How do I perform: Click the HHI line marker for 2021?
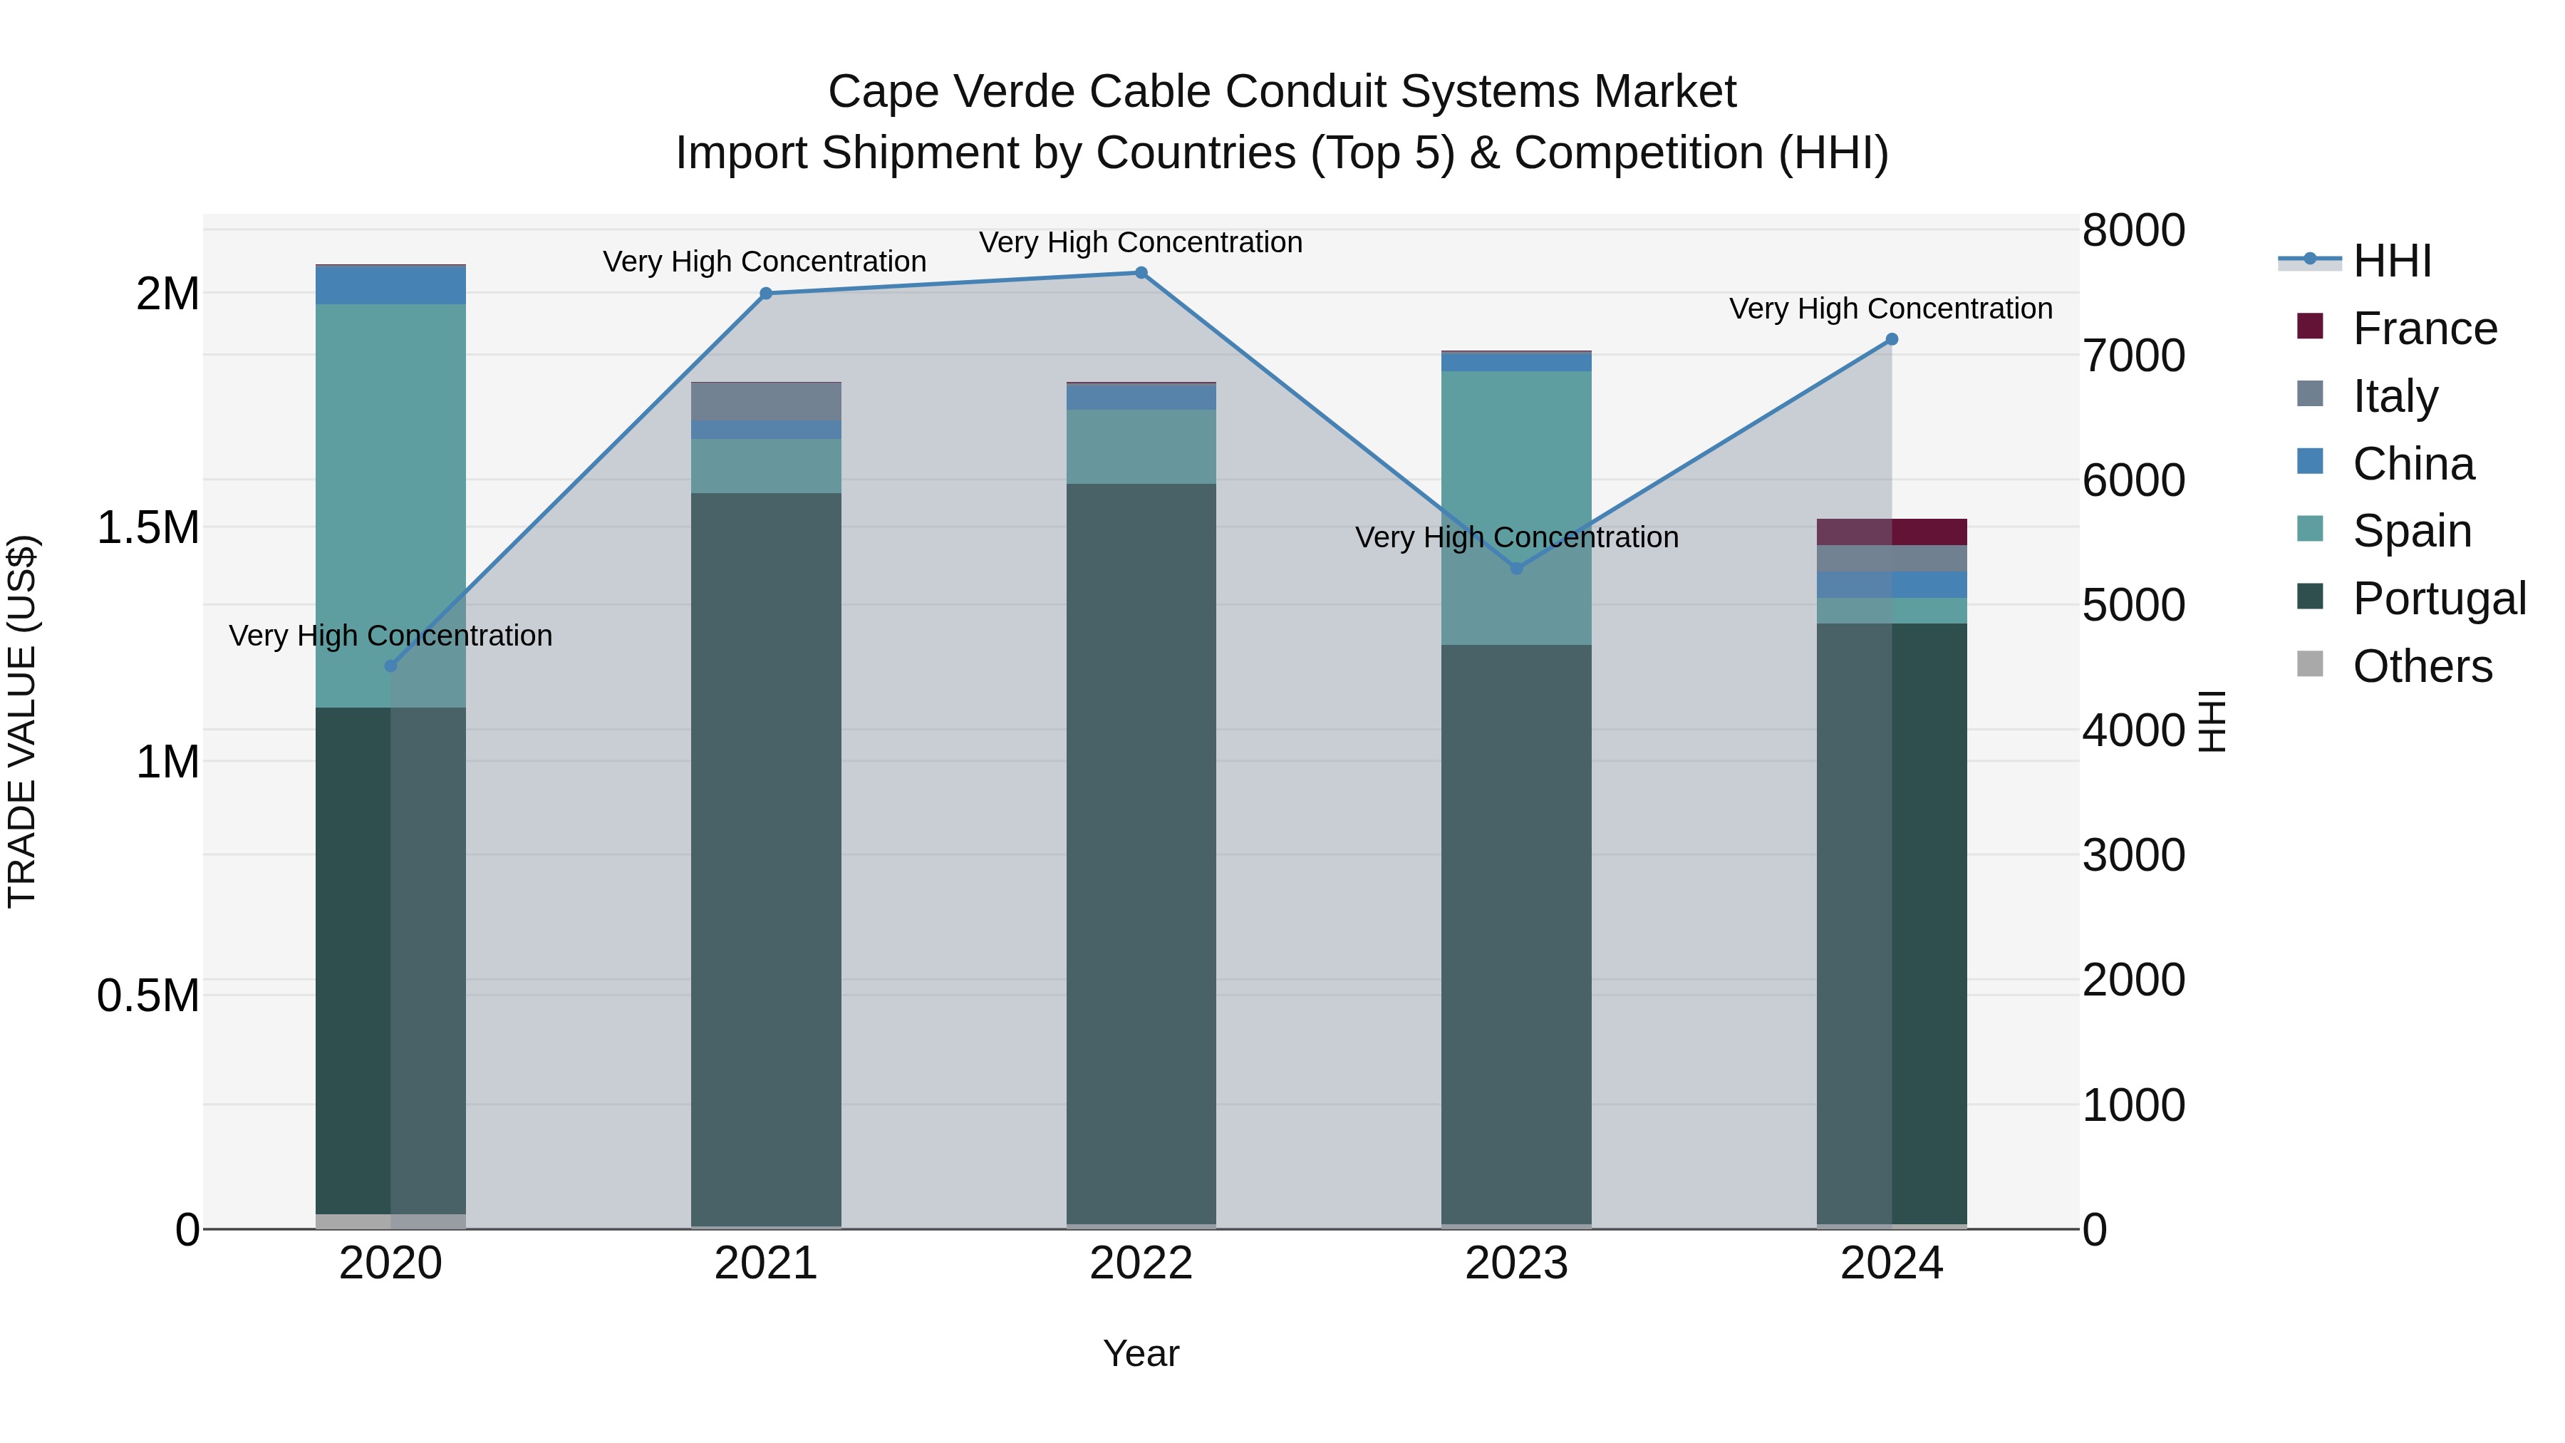(766, 294)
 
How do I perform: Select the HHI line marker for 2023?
(1516, 569)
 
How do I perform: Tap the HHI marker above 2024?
(1892, 340)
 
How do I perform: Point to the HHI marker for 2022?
(1141, 273)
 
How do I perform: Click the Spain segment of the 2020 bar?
(390, 505)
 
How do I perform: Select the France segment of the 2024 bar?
(1892, 532)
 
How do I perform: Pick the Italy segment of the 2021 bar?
(766, 401)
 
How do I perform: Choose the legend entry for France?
(2425, 329)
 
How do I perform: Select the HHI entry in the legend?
(2392, 261)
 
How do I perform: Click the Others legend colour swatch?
(2310, 664)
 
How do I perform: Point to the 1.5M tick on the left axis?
(147, 528)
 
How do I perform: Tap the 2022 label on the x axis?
(1141, 1263)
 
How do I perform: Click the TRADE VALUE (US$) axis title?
(22, 721)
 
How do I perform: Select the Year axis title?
(1141, 1353)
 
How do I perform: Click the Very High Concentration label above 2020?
(390, 636)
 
